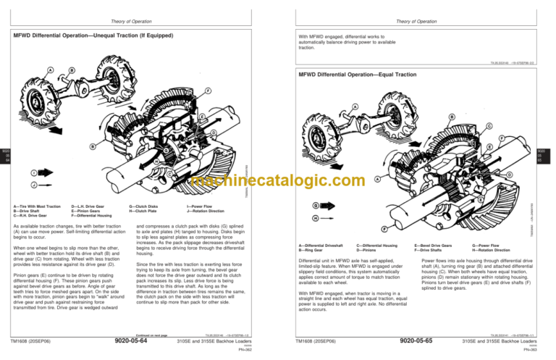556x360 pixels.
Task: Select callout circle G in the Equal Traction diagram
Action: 316,205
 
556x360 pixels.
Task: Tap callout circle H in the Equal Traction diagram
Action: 316,217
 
